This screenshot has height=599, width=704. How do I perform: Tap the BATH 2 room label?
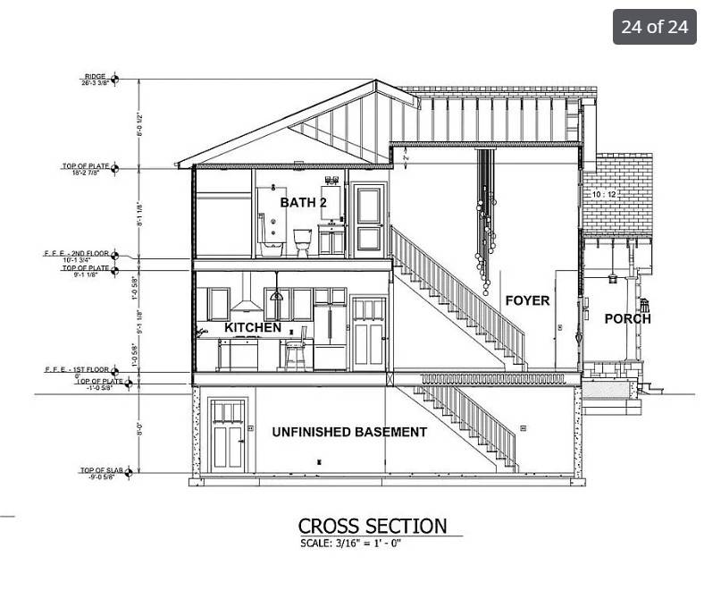coord(304,203)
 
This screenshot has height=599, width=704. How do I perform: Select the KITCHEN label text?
coord(253,328)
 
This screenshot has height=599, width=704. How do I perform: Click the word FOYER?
coord(527,300)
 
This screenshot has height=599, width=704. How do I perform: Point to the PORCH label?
coord(627,318)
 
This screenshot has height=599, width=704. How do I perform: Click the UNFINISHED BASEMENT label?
coord(349,432)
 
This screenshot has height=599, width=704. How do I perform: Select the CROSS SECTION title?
coord(372,526)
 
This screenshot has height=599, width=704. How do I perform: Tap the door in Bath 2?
coord(369,218)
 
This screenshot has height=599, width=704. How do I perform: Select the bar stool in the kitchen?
coord(296,350)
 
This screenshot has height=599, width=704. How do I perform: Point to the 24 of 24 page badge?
coord(655,26)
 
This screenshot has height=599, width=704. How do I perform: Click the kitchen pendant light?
coord(277,294)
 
